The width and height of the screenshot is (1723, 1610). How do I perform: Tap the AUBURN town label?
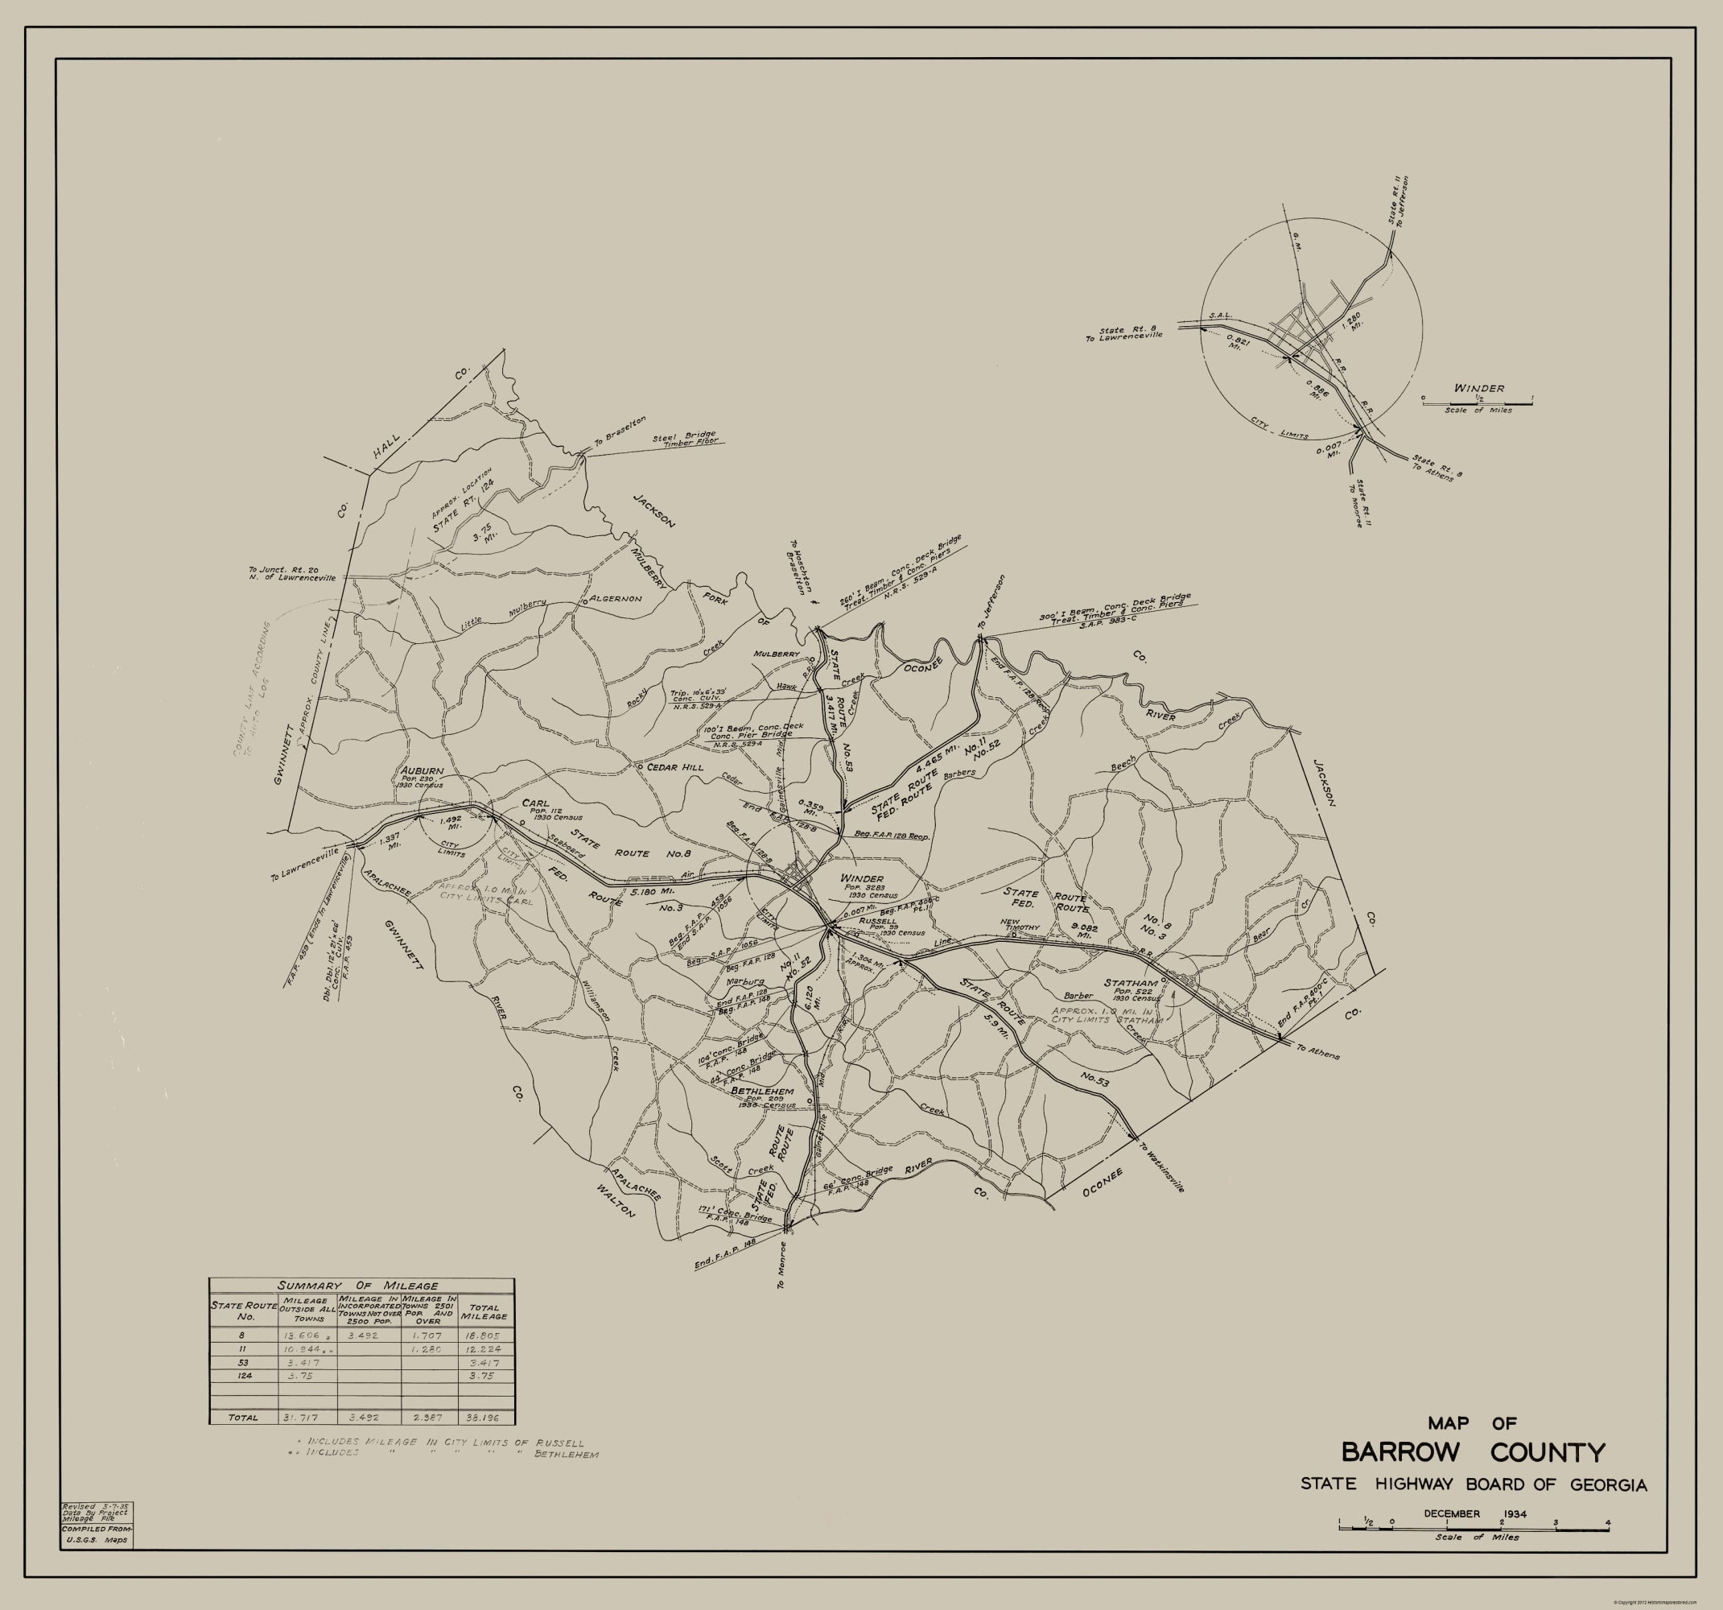tap(422, 770)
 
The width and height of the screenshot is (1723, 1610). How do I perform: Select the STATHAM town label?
tap(1131, 982)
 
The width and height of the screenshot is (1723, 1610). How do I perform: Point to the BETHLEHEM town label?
tap(763, 1091)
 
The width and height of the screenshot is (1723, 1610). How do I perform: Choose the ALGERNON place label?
tap(616, 598)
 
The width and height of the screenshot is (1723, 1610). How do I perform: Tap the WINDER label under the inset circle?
tap(1479, 388)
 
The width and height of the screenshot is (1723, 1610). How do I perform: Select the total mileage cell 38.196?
tap(485, 1418)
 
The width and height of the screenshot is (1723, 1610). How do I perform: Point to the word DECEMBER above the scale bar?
tap(1452, 1513)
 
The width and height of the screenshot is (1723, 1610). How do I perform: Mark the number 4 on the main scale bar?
tap(1608, 1522)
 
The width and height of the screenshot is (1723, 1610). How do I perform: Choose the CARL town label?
tap(534, 802)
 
